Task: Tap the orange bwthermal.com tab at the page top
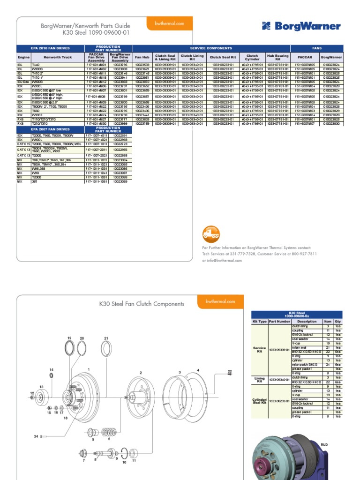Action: pos(170,23)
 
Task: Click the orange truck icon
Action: pos(211,233)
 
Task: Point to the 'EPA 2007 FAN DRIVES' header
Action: pos(50,129)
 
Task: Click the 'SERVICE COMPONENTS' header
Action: pos(211,48)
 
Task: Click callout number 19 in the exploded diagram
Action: pos(69,337)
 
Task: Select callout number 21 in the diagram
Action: pos(106,338)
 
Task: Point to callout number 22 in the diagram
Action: pos(230,371)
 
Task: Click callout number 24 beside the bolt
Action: pos(36,436)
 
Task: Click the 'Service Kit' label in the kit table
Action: pos(259,350)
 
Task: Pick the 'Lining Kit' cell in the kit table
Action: pos(259,380)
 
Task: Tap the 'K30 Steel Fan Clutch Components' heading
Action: pos(142,304)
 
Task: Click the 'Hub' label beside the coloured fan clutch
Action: pos(324,443)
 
